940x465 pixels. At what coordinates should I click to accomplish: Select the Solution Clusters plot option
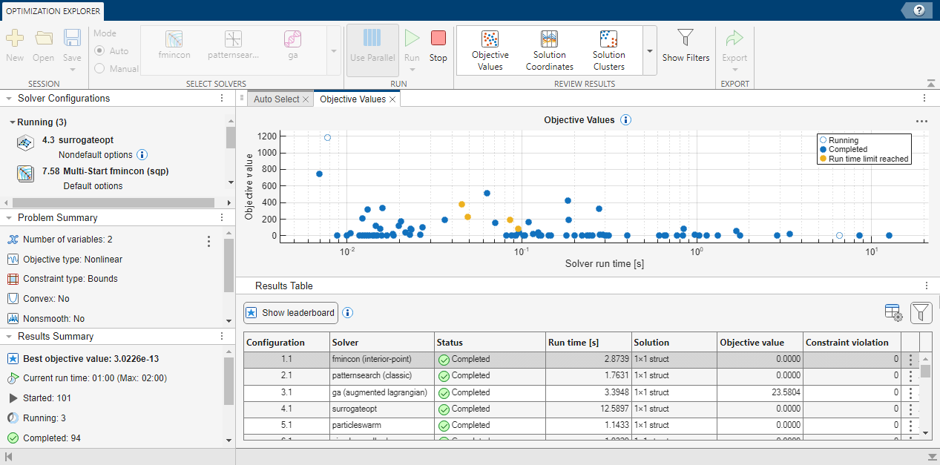(608, 50)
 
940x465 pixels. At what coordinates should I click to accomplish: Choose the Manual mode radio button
(99, 68)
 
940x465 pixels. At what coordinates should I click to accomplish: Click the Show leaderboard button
(291, 312)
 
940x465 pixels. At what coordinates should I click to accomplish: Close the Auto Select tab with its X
(306, 99)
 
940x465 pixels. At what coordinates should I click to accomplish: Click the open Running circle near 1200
(327, 137)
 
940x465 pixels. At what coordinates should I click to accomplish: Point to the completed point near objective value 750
(319, 174)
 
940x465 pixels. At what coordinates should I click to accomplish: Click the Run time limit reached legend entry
(868, 159)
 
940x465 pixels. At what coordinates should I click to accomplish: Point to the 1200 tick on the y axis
(268, 136)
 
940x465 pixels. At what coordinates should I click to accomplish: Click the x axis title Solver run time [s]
(604, 263)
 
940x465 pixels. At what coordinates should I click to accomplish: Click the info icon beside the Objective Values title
(625, 120)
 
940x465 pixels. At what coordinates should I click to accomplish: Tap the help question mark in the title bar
(918, 10)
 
